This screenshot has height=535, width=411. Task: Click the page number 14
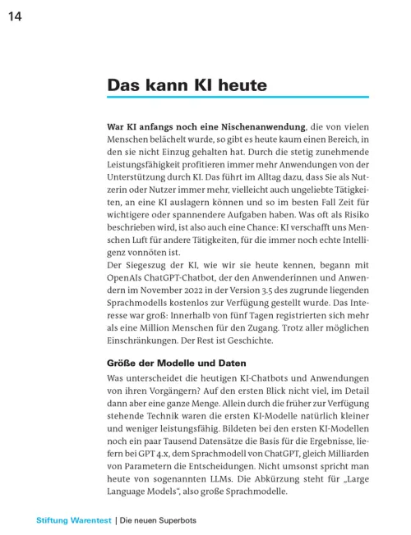15,18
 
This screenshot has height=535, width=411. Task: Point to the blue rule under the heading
238,98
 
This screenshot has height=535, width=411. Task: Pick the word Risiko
353,213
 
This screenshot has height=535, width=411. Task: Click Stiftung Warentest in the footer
73,520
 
